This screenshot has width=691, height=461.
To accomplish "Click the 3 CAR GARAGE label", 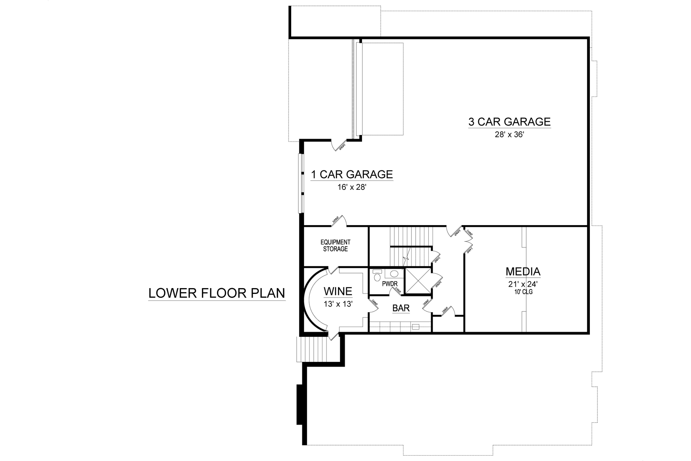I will tap(509, 122).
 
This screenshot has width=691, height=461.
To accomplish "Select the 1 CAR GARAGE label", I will tap(352, 174).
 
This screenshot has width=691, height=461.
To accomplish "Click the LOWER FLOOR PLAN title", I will tap(217, 293).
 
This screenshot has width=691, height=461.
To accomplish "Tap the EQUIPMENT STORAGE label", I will tap(335, 246).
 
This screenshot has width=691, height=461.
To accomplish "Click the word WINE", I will tap(338, 291).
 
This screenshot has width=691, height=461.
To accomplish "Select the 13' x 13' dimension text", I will tap(338, 304).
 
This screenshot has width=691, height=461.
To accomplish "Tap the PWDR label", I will tap(389, 284).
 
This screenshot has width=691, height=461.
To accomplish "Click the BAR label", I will tap(401, 308).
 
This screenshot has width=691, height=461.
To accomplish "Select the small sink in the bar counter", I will tap(416, 327).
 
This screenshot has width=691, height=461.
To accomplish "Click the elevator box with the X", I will tap(418, 281).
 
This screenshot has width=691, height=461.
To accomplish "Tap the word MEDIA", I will tap(523, 271).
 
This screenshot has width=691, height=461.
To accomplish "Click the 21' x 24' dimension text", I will tap(523, 284).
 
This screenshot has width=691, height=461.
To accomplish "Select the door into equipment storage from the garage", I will tap(338, 221).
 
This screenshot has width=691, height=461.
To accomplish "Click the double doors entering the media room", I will tap(468, 241).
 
